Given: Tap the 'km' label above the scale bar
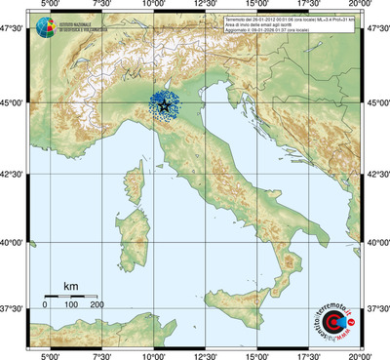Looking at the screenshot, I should pos(70,286).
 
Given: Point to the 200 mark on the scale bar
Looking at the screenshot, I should pos(97,305).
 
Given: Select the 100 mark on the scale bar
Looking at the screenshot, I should pos(70,305).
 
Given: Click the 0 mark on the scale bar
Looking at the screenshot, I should pos(45,305).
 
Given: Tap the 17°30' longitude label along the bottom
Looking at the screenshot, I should pos(311,354).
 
